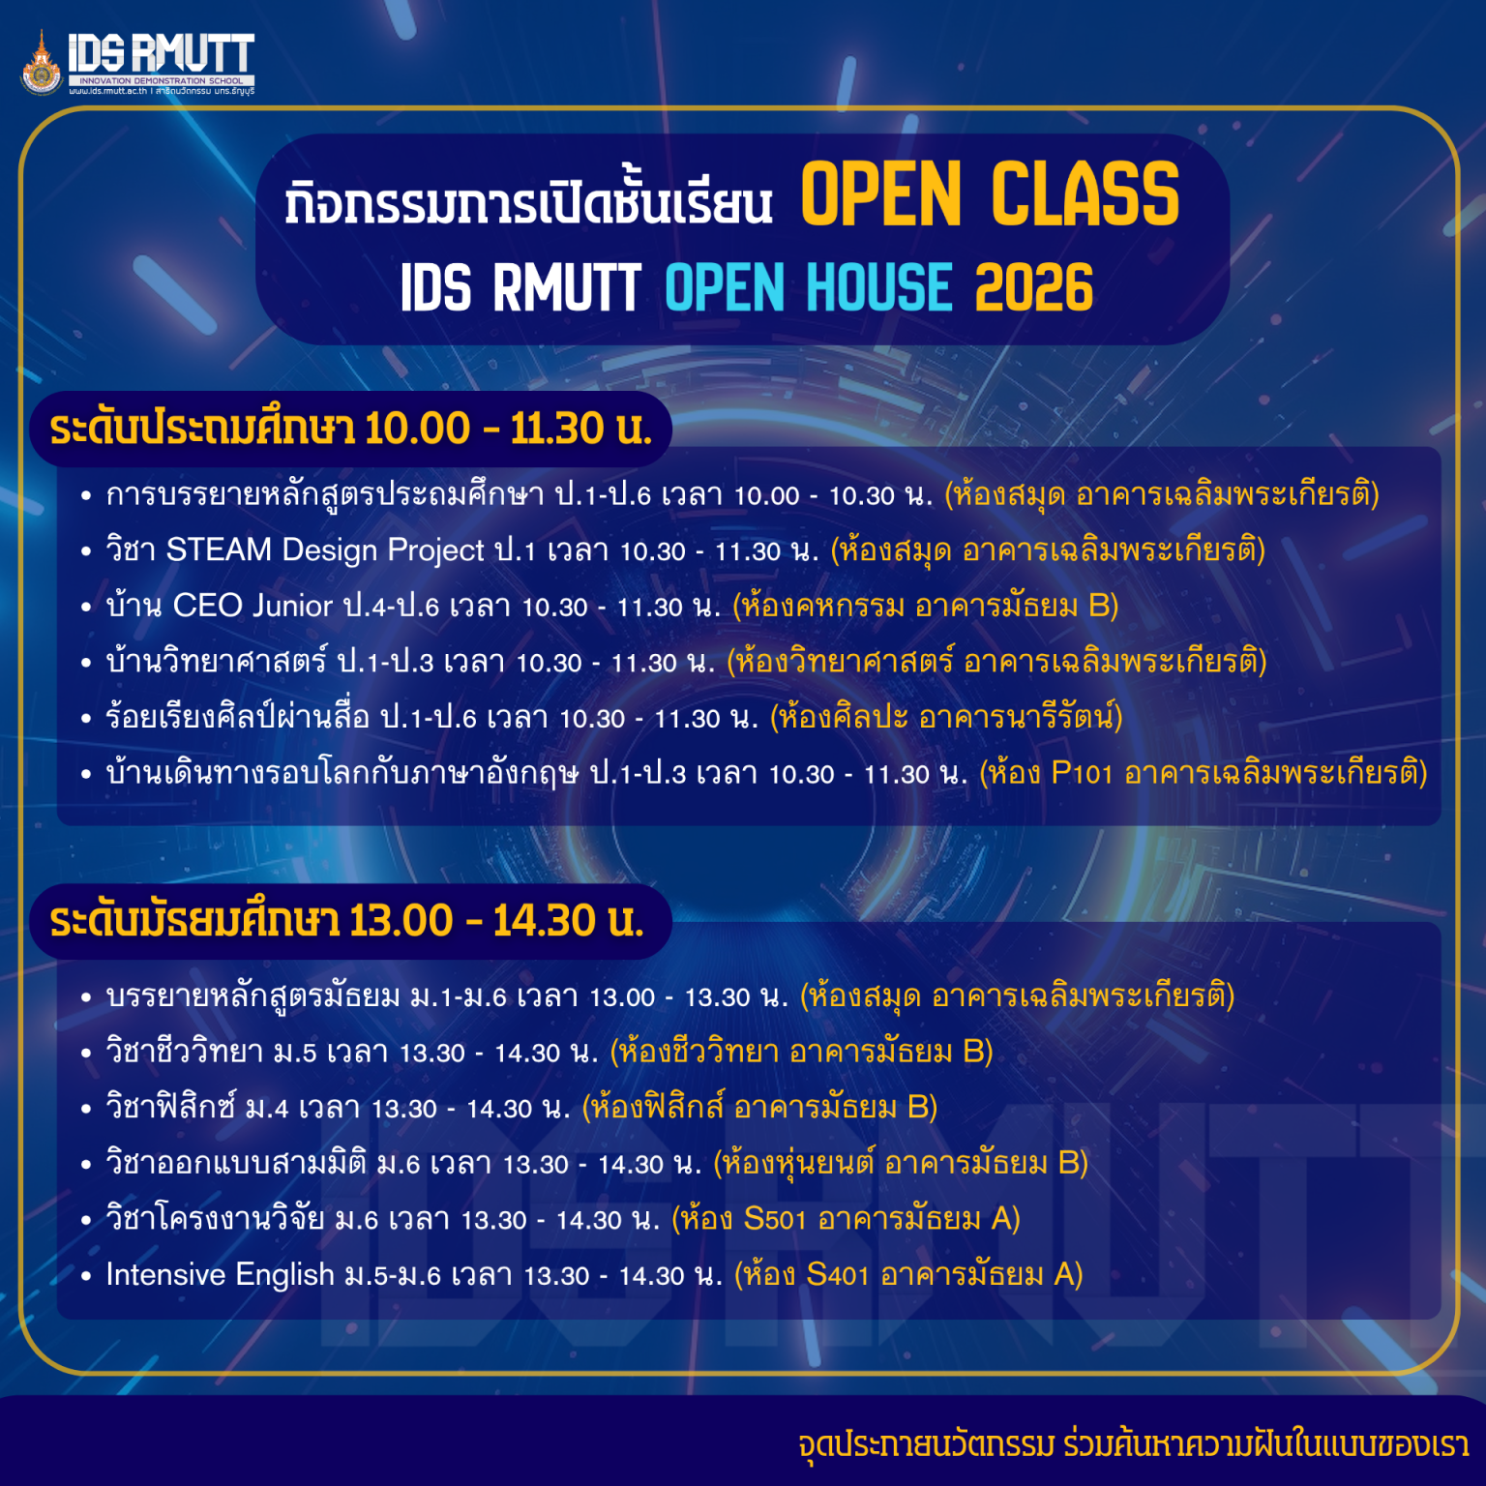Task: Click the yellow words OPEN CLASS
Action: click(989, 194)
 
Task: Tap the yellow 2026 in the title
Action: click(1033, 288)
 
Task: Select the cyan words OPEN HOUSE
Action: click(808, 288)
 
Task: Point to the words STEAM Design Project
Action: click(325, 550)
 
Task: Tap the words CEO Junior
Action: click(252, 607)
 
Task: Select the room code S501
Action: click(774, 1219)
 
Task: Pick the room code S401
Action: click(837, 1275)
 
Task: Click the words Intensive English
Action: click(220, 1275)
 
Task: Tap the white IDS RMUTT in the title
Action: click(520, 288)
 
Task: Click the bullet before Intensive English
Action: click(86, 1276)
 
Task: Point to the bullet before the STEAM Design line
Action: click(86, 551)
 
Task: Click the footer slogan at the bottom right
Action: click(1133, 1444)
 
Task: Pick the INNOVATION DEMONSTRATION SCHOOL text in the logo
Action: click(162, 81)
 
